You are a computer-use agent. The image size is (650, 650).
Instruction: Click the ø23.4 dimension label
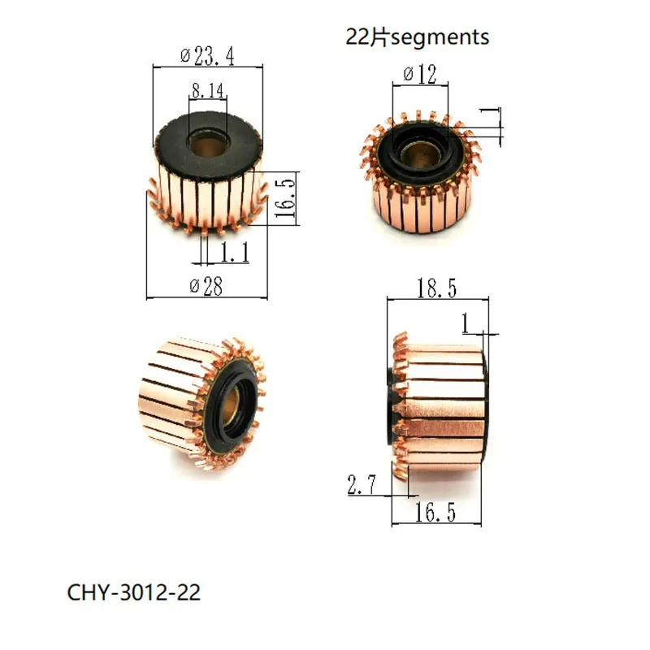click(206, 57)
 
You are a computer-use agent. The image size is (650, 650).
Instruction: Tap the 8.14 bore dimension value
click(207, 91)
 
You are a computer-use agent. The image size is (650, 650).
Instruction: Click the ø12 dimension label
click(420, 76)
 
